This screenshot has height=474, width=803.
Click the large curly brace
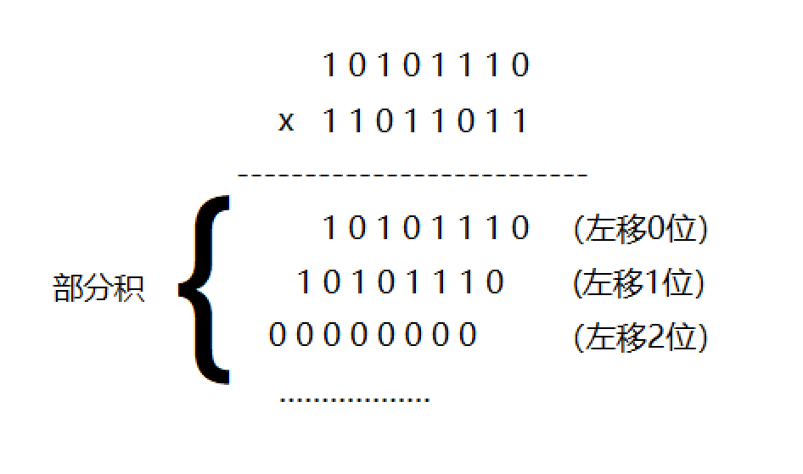tap(204, 289)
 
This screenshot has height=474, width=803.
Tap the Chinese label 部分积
tap(98, 289)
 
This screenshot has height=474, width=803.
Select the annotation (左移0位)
tap(640, 229)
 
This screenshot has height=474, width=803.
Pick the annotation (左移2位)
tap(640, 337)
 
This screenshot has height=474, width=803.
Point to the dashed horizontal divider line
tap(413, 176)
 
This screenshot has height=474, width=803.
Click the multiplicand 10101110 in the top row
tap(426, 65)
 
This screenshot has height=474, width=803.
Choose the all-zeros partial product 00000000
tap(373, 336)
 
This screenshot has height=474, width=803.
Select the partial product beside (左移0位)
tap(426, 228)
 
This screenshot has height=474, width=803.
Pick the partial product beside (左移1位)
tap(401, 282)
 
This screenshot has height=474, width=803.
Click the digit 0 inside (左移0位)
tap(654, 229)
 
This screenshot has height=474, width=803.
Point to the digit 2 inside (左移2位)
tap(654, 337)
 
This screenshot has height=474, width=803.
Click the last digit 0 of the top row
tap(520, 65)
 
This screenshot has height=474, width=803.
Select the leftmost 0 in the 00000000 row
tap(278, 336)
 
